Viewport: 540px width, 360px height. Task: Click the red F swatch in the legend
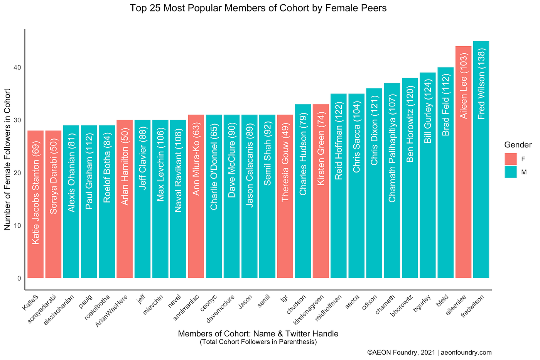[510, 159]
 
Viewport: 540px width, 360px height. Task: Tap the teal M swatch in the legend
[510, 172]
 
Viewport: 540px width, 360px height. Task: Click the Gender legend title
[518, 145]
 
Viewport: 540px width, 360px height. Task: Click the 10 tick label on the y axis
[18, 226]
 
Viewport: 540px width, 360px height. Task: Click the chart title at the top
[258, 8]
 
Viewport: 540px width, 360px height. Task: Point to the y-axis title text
[8, 159]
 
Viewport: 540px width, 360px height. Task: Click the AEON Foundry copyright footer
[429, 352]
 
